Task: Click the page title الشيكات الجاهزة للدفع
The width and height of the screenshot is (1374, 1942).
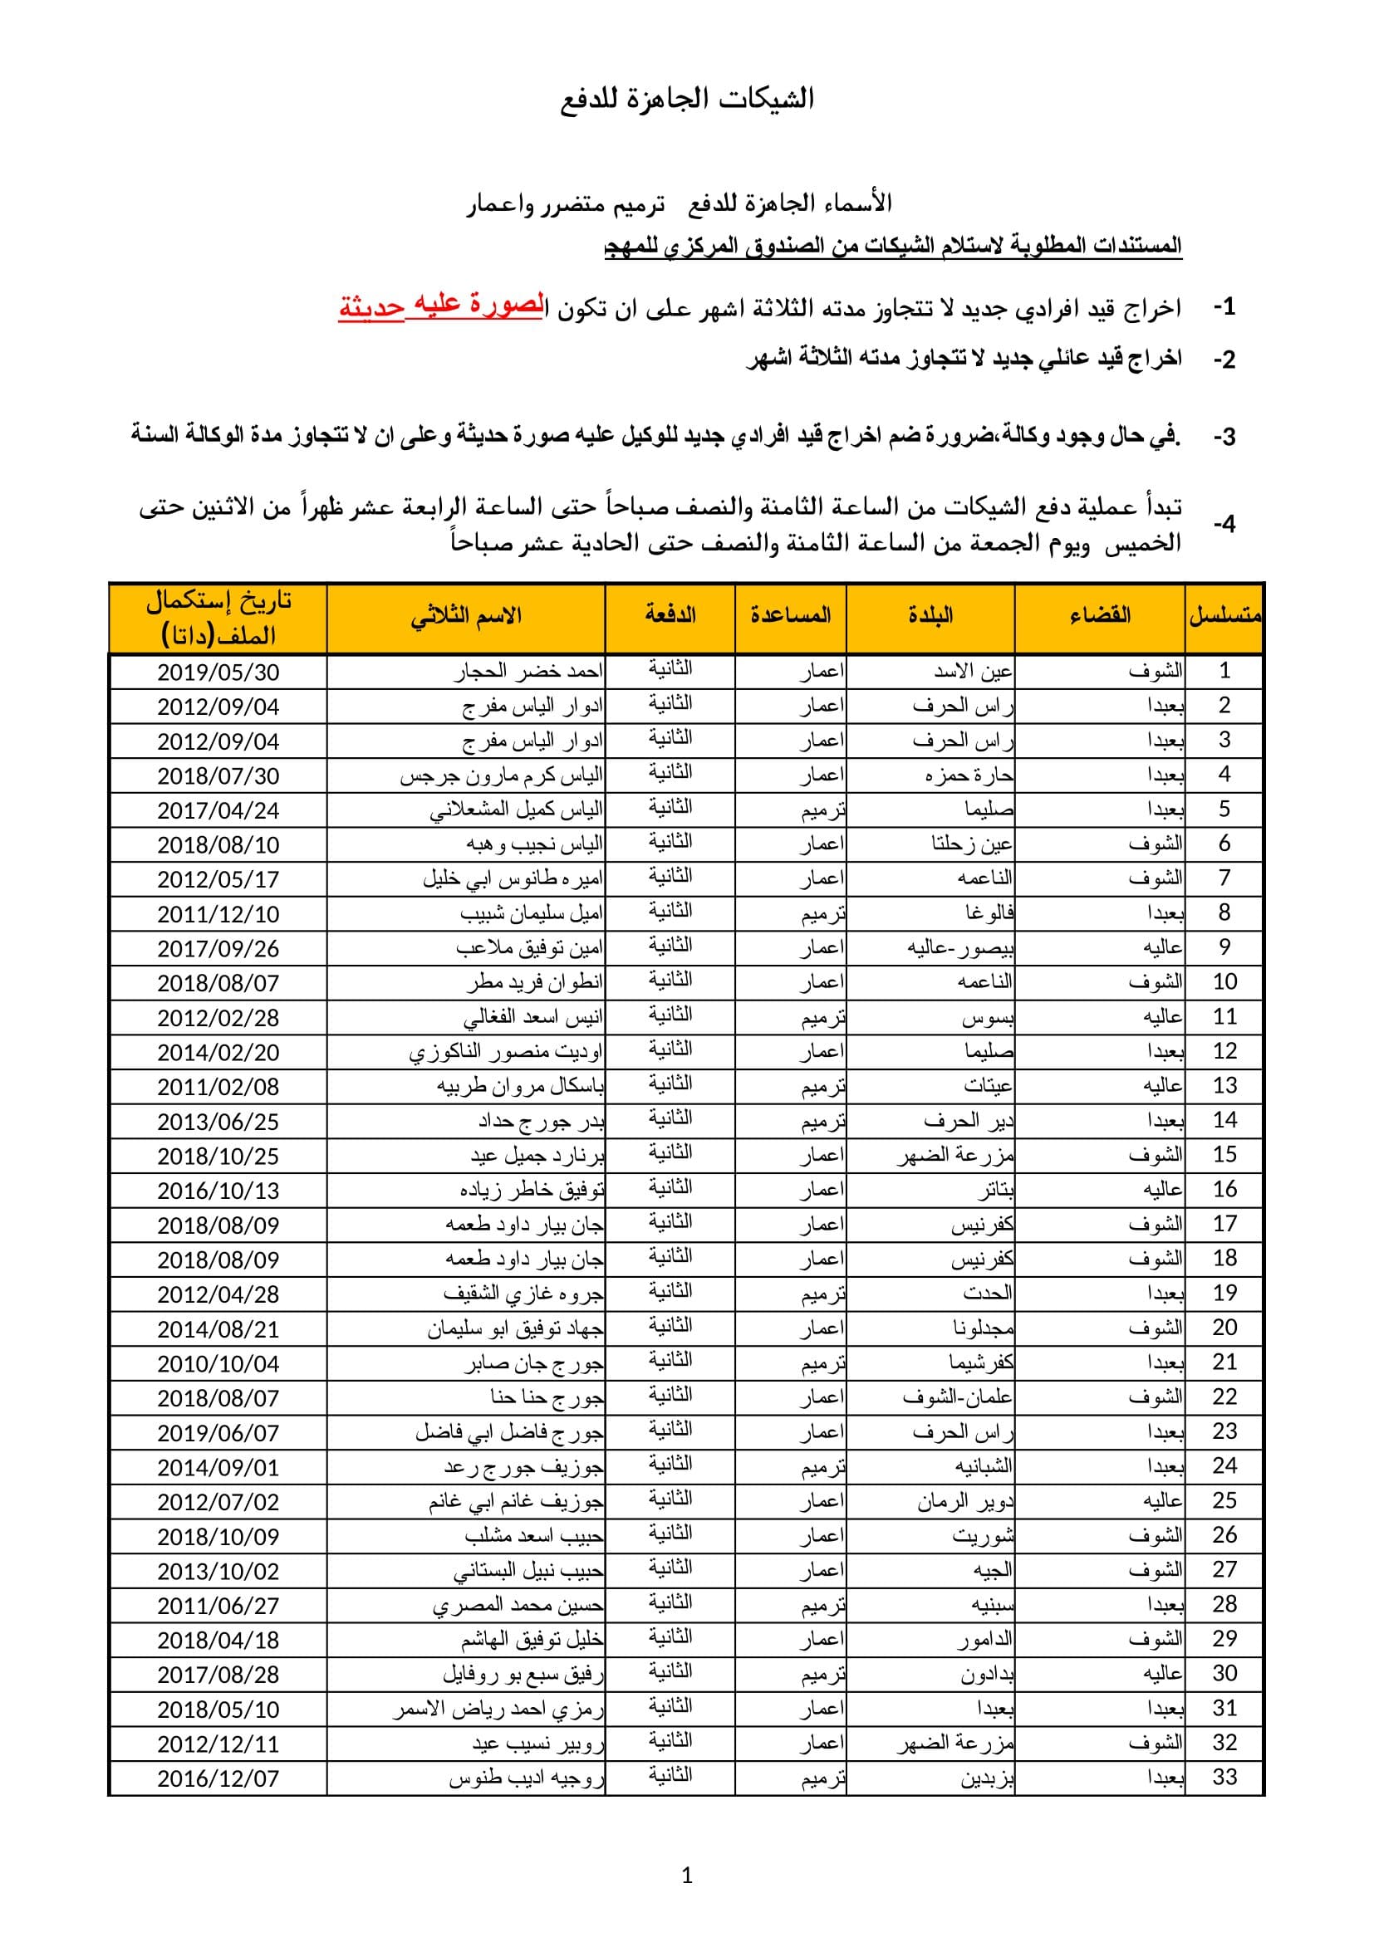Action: [x=687, y=100]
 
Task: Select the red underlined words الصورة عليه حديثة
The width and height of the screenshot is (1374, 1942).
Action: [x=440, y=307]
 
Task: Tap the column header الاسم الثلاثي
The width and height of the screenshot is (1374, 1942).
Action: [x=466, y=616]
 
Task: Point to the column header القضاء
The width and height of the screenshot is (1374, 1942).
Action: [x=1100, y=616]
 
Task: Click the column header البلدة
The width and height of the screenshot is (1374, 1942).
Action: [x=930, y=616]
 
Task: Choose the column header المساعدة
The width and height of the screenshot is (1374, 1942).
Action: [x=790, y=616]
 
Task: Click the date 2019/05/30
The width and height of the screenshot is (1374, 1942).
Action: [x=218, y=673]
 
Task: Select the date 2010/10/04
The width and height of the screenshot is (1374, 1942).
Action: [x=218, y=1363]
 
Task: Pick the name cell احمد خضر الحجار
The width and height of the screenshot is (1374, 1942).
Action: [x=529, y=673]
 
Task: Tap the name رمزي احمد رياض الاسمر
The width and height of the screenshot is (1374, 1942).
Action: [x=498, y=1710]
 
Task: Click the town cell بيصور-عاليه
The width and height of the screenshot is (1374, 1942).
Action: [x=961, y=948]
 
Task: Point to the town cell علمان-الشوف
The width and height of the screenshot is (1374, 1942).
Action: [x=959, y=1398]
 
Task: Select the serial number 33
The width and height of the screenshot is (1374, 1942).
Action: [x=1224, y=1778]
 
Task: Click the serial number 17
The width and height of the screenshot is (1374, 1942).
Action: [x=1224, y=1224]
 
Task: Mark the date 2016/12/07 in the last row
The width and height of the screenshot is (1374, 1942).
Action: [x=218, y=1778]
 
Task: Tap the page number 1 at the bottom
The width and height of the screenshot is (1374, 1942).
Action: [x=687, y=1876]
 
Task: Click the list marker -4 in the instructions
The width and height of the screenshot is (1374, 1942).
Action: [x=1224, y=526]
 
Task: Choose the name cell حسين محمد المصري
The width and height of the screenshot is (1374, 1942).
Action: [x=518, y=1606]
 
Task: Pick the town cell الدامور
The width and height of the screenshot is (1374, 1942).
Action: [x=986, y=1640]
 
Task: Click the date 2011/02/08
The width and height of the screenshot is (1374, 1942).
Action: [x=218, y=1087]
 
